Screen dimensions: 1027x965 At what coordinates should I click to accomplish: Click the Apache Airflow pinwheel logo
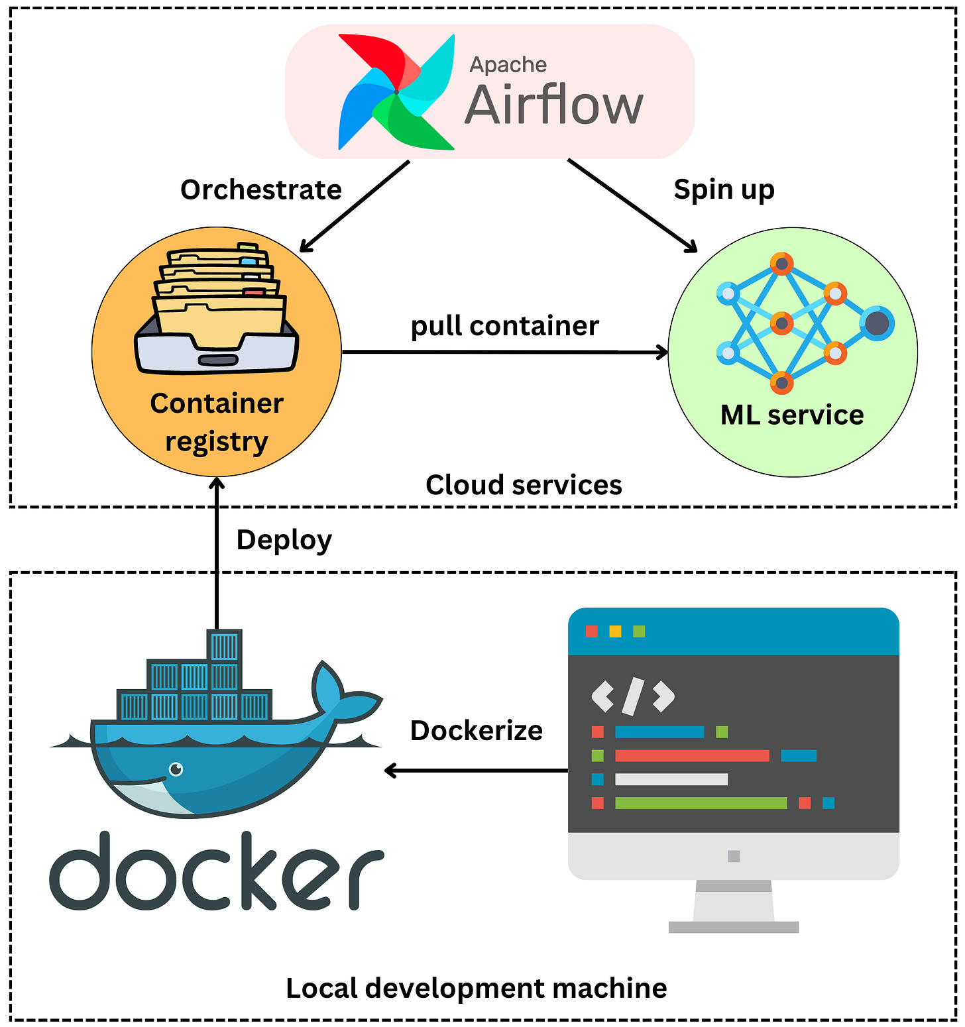coord(396,91)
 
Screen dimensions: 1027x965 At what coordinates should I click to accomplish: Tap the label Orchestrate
coord(261,190)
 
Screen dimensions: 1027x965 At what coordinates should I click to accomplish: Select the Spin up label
coord(724,189)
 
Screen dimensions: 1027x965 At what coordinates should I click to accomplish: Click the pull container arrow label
coord(504,326)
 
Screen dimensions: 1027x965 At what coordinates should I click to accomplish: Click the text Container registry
coord(217,422)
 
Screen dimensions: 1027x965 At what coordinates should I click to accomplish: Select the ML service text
coord(792,415)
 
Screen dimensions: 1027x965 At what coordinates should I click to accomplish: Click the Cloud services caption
coord(524,485)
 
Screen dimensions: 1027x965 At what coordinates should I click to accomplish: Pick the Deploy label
coord(284,540)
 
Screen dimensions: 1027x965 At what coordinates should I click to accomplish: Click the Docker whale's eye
coord(176,769)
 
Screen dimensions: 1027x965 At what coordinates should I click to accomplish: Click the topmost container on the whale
coord(224,646)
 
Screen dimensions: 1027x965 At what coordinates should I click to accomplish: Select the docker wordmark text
coord(217,872)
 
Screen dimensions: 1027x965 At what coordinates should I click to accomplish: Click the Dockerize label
coord(476,731)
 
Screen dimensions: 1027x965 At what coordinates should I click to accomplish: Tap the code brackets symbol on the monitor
coord(633,696)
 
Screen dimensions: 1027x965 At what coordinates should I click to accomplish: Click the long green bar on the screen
coord(701,803)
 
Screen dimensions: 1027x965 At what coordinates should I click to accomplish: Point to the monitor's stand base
coord(733,927)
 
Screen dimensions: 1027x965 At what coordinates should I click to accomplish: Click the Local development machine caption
coord(476,989)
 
